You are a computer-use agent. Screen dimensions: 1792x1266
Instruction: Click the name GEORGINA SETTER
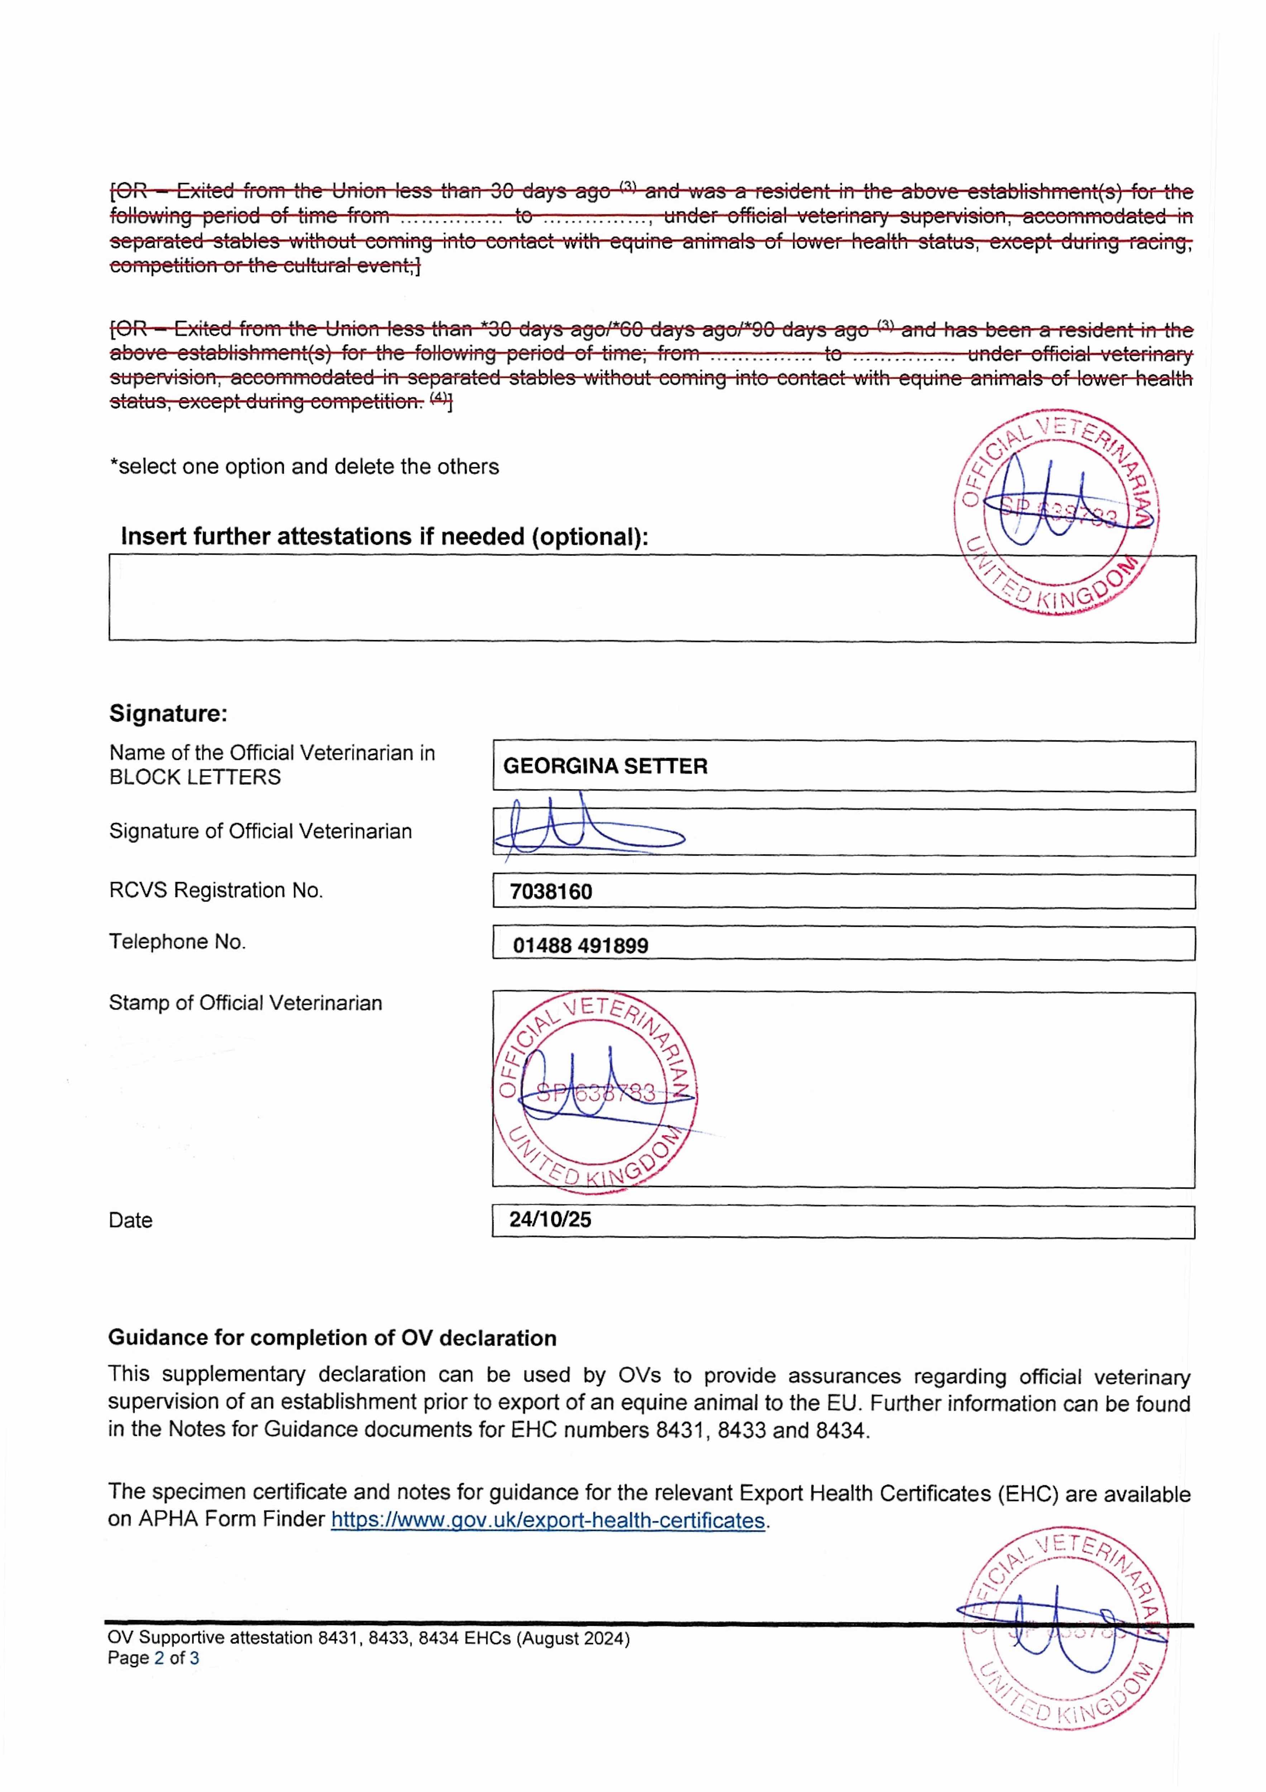click(x=605, y=767)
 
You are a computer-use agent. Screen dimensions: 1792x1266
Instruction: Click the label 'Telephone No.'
click(x=177, y=942)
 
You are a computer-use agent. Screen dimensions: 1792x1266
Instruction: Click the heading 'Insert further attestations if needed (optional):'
click(x=384, y=537)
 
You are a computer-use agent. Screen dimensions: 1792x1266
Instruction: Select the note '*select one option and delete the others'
click(x=304, y=467)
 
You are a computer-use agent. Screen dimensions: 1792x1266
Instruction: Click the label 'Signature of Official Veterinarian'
click(x=260, y=831)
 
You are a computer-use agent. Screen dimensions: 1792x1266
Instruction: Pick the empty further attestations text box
click(x=531, y=599)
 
